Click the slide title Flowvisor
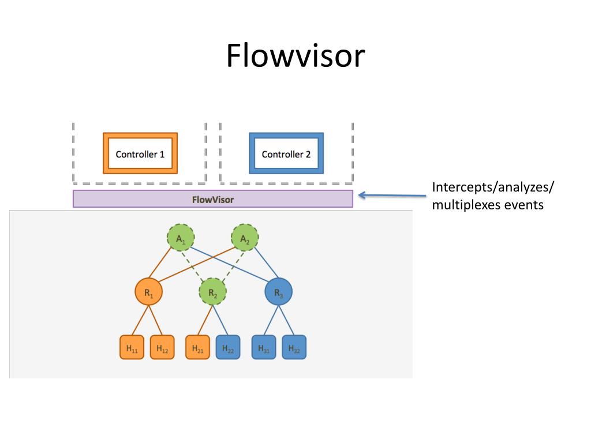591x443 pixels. click(295, 56)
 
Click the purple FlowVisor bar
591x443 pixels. click(213, 199)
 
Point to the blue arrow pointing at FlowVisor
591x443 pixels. click(392, 195)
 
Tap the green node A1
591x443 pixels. click(181, 238)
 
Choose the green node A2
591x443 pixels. click(245, 238)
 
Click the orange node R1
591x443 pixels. click(149, 292)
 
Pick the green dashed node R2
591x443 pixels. click(213, 292)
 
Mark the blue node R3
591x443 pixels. click(279, 292)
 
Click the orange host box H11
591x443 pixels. click(132, 347)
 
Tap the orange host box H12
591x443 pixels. click(162, 347)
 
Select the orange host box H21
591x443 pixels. click(197, 347)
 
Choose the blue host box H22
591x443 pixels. click(228, 347)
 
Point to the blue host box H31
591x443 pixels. click(264, 347)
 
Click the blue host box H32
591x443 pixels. click(294, 347)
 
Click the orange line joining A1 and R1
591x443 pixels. click(160, 263)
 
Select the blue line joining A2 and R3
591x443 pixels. click(266, 263)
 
